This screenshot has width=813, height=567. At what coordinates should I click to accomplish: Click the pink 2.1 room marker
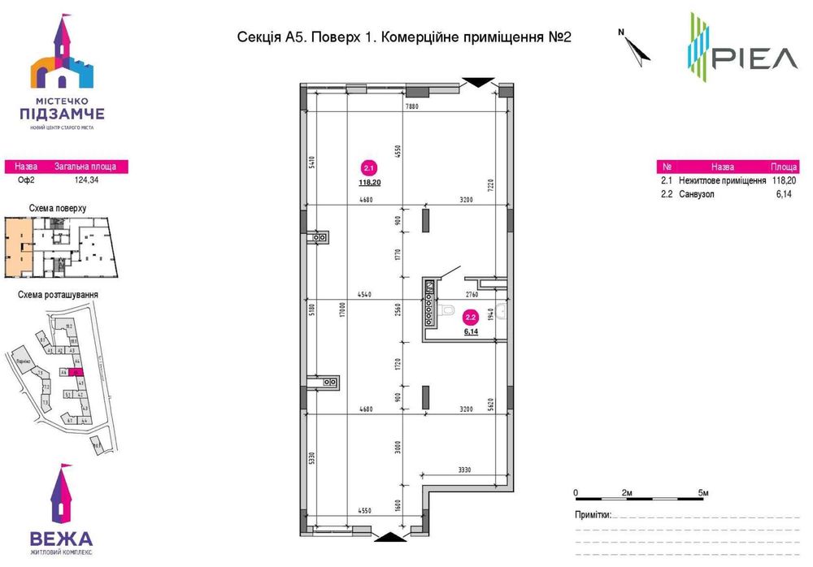click(369, 169)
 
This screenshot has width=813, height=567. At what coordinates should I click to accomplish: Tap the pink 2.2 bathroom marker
click(470, 318)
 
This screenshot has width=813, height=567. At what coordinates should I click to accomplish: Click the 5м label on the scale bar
click(704, 493)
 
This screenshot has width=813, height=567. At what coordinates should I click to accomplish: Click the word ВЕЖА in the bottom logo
click(61, 538)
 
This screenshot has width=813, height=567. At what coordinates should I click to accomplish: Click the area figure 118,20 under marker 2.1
click(369, 184)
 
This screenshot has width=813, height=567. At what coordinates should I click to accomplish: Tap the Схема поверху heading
click(58, 208)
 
